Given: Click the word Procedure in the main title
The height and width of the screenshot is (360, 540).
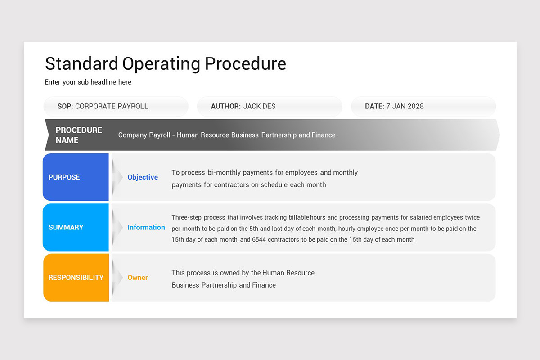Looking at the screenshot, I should click(245, 64).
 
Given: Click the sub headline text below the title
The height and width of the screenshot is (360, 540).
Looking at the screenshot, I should click(88, 82).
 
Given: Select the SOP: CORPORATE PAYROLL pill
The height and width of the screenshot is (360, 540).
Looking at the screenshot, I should click(116, 107).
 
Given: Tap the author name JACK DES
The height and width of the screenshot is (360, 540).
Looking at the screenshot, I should click(259, 107).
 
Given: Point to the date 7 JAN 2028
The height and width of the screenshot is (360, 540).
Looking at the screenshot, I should click(405, 107).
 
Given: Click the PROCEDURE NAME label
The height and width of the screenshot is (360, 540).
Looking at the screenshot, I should click(79, 135).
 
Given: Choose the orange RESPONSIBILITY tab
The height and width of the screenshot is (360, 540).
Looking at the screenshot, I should click(76, 278).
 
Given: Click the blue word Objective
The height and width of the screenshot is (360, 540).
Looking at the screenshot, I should click(143, 177).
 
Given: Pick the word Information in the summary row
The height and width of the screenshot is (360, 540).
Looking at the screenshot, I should click(146, 227).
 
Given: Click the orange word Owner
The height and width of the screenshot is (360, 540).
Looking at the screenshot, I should click(138, 278).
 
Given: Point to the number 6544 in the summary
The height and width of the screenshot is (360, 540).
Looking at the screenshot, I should click(259, 240).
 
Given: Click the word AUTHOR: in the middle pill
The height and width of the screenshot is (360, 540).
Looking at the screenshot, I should click(226, 107).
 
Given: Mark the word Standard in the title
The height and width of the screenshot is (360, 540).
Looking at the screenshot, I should click(81, 64).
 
